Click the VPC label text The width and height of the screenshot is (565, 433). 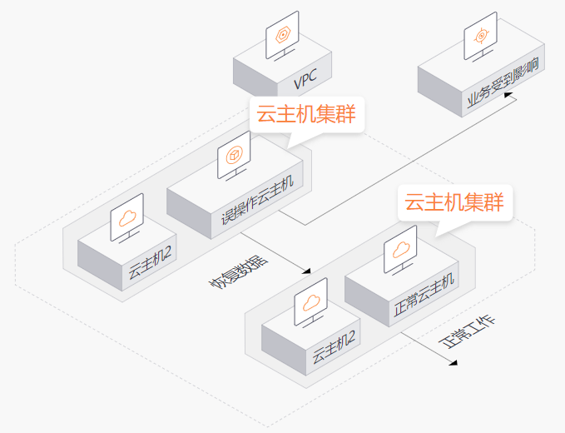tap(305, 78)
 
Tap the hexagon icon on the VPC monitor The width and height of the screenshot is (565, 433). tap(283, 36)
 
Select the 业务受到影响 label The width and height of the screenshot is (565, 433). tap(503, 82)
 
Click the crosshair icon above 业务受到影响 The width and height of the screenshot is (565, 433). tap(481, 36)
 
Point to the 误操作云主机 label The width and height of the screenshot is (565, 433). tap(257, 201)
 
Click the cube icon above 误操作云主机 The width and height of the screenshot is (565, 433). tap(234, 156)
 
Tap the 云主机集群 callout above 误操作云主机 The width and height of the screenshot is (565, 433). tap(306, 114)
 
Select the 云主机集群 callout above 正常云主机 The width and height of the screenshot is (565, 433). tap(454, 202)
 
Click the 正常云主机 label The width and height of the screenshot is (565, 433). tap(424, 295)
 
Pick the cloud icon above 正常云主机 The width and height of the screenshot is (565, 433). tap(401, 250)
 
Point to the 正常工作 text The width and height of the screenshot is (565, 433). tap(467, 332)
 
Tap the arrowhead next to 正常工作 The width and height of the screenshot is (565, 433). tap(453, 363)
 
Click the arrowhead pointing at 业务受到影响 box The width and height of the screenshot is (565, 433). tap(508, 95)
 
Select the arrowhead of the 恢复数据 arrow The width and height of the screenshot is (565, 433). tap(307, 271)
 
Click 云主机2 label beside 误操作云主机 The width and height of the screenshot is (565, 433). tap(150, 262)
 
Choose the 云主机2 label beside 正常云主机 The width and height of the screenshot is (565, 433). tap(334, 347)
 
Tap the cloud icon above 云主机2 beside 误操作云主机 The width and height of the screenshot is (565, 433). tap(127, 218)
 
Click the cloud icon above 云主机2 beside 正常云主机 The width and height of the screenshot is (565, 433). tap(311, 303)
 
